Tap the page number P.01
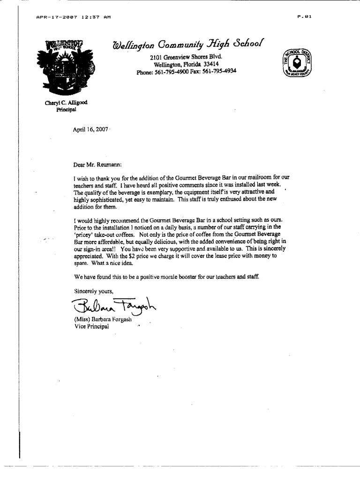point(304,17)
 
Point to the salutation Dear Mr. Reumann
point(97,165)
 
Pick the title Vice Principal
point(91,327)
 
